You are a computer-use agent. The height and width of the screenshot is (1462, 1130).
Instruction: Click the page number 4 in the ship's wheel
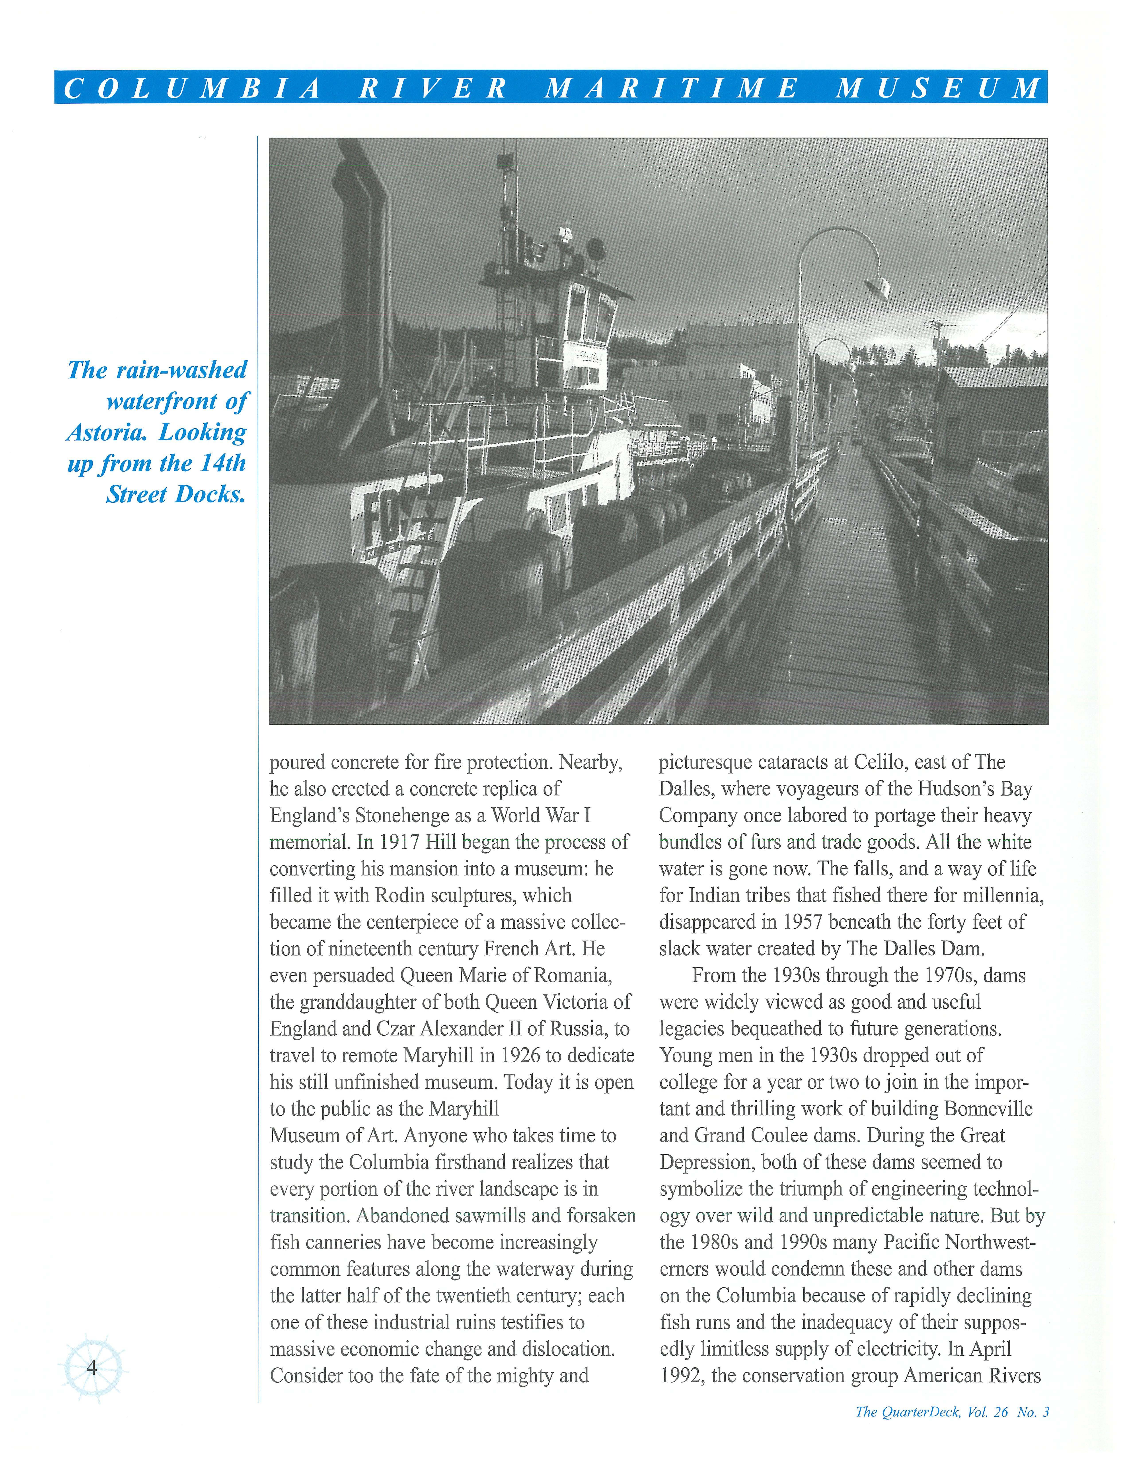tap(92, 1367)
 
